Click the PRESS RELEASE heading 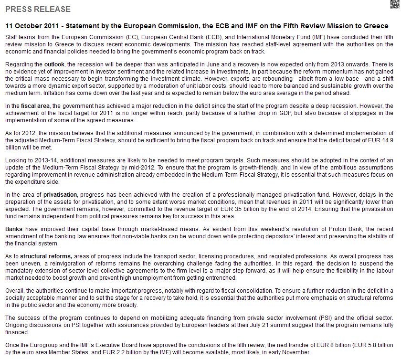38,9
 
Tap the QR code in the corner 394,4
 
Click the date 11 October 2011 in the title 32,26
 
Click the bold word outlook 54,64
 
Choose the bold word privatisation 61,195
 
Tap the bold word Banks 14,230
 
